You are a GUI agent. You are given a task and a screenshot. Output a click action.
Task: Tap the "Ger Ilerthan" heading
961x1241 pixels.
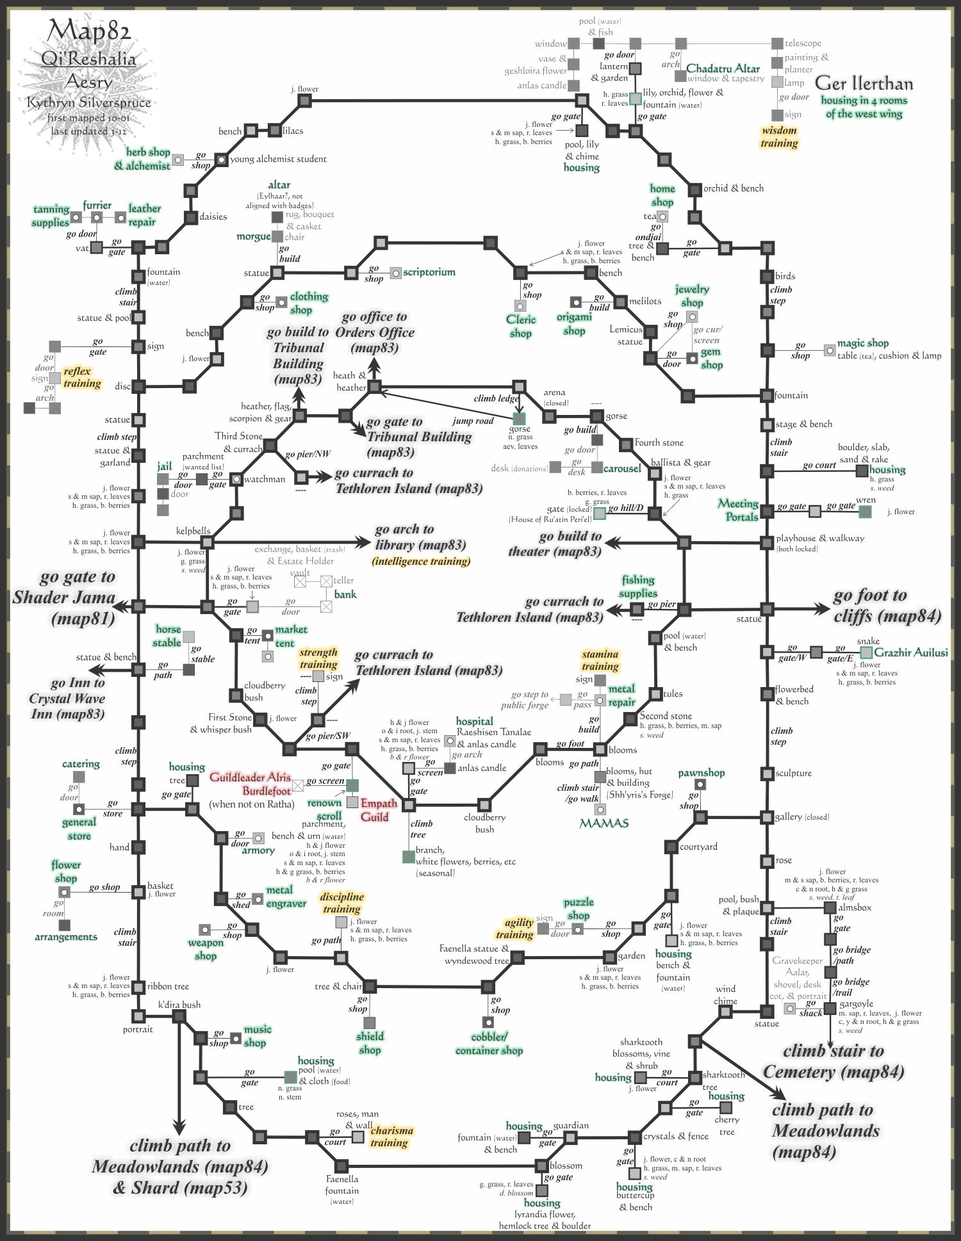[x=864, y=83]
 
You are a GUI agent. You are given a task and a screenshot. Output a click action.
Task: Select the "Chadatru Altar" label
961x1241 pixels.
[x=723, y=69]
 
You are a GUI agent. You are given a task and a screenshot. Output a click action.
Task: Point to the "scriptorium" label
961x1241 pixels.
[x=429, y=272]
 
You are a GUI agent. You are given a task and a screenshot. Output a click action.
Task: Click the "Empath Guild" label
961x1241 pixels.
[x=379, y=810]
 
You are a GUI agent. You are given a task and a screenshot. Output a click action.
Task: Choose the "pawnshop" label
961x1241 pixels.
[x=701, y=773]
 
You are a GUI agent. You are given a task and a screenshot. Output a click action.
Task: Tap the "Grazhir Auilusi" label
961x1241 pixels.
[x=910, y=653]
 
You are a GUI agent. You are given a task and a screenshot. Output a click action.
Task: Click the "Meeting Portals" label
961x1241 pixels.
[x=739, y=510]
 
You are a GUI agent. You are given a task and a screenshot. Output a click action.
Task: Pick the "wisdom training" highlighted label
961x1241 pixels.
[x=779, y=137]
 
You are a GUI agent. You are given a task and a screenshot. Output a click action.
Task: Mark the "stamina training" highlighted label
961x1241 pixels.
[x=600, y=660]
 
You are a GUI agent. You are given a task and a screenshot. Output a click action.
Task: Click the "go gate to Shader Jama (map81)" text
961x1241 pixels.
[x=64, y=597]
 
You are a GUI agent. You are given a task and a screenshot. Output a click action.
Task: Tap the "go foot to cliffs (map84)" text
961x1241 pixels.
[x=887, y=606]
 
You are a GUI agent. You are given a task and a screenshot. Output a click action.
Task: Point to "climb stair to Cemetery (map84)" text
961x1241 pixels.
[x=833, y=1061]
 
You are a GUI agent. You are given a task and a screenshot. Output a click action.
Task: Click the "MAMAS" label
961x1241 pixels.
[x=604, y=823]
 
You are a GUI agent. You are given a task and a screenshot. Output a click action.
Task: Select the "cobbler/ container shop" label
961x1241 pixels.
[x=489, y=1044]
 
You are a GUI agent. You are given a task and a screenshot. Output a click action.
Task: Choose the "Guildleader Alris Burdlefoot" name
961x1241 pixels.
[x=251, y=784]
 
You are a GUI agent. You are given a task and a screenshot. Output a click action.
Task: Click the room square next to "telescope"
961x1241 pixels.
[x=777, y=44]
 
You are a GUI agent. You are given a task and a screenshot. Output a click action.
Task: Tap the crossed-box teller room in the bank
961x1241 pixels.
[x=326, y=581]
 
